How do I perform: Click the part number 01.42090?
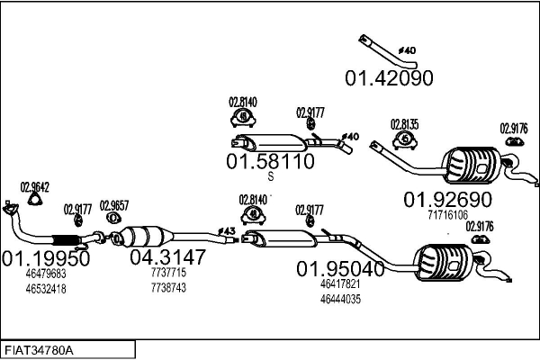pos(389,77)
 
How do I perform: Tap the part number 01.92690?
pos(447,199)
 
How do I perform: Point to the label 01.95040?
pos(341,268)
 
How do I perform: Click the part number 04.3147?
pos(168,257)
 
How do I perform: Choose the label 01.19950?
pos(46,257)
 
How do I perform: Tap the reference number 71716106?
pos(447,215)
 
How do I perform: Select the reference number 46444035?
pos(340,299)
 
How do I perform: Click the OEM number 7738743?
pos(168,288)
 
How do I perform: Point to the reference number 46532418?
pos(46,289)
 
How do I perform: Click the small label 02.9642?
pos(34,188)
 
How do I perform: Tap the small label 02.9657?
pos(113,204)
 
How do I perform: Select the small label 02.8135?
pos(404,124)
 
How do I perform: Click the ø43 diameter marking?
pos(227,231)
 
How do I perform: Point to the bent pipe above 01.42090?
pos(378,49)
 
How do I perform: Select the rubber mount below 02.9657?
pos(113,219)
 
